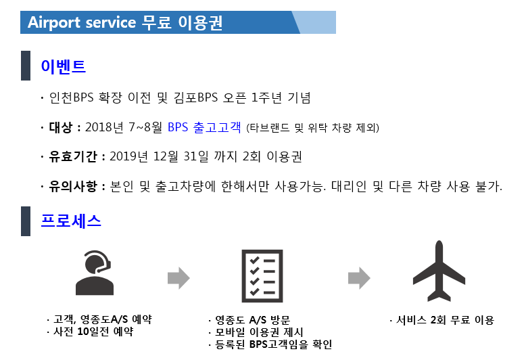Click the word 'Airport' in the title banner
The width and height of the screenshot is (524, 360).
54,23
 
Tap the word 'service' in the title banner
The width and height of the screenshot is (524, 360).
111,23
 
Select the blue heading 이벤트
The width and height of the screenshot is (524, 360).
63,66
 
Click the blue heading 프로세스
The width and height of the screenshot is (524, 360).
71,221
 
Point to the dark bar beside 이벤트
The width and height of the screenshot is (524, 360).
26,66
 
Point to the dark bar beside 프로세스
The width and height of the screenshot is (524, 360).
26,221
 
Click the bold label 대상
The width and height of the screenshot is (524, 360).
60,127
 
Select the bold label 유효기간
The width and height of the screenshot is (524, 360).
73,156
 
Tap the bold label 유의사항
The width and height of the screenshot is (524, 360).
73,185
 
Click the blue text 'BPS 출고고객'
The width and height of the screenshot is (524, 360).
204,127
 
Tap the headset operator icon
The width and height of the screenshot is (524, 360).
94,273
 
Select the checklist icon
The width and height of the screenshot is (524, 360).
262,276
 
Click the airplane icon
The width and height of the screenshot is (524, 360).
439,271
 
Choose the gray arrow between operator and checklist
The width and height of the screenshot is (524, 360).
178,277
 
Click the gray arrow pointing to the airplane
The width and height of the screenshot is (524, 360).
359,277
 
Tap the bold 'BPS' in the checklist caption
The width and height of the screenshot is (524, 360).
258,344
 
